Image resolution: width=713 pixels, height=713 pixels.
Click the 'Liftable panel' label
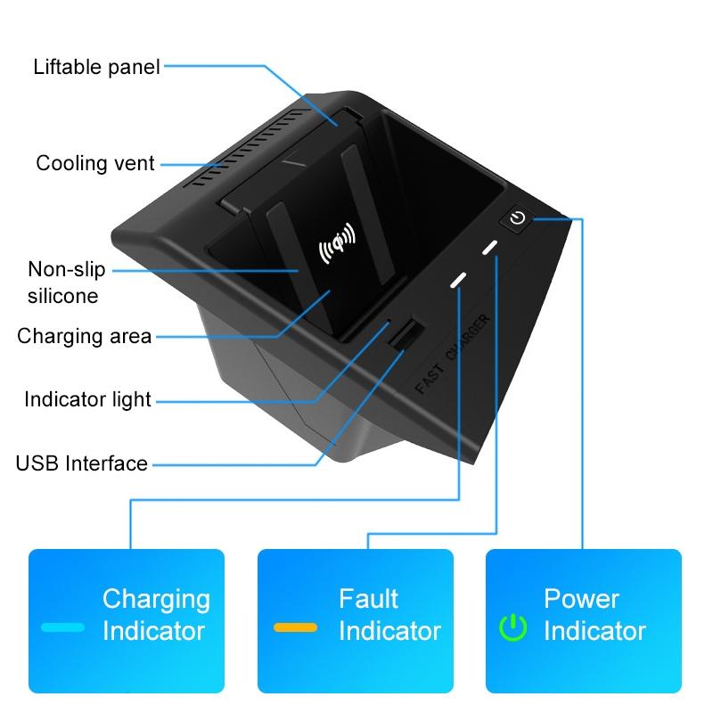click(x=96, y=66)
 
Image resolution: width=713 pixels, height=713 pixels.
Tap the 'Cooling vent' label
click(x=95, y=163)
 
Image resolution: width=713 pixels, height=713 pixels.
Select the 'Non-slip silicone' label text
click(x=66, y=282)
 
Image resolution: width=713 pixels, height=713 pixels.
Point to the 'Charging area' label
click(x=84, y=336)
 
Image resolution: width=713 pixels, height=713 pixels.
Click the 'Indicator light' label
click(x=87, y=399)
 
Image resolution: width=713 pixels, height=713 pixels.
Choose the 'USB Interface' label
click(x=81, y=463)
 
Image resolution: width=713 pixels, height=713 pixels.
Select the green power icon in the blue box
click(x=512, y=627)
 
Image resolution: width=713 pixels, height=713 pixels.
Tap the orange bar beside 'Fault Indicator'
click(x=295, y=627)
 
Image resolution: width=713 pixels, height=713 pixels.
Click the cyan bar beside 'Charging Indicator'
click(x=63, y=627)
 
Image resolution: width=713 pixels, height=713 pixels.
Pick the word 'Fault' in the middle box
click(x=368, y=598)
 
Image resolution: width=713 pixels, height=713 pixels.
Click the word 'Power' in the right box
click(x=580, y=598)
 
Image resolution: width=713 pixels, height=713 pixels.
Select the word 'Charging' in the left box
click(x=156, y=598)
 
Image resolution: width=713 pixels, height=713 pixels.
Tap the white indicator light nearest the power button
click(x=490, y=248)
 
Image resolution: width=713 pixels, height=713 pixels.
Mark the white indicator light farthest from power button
click(x=458, y=280)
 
